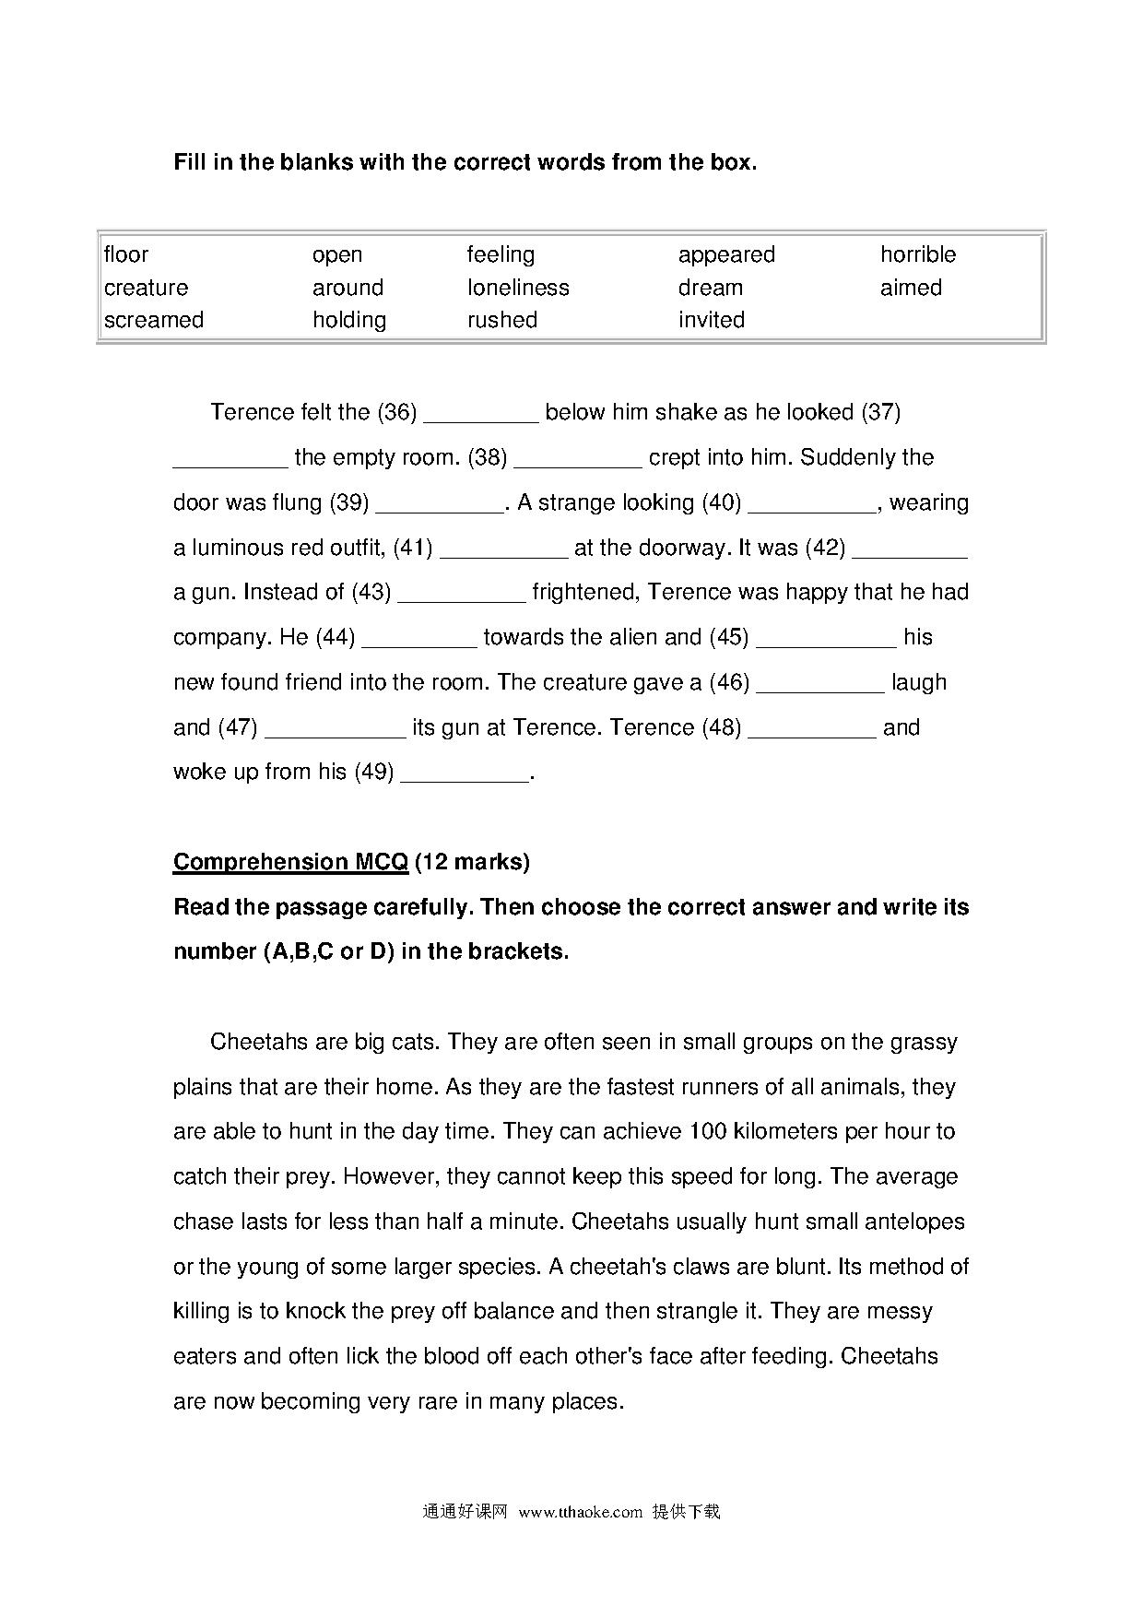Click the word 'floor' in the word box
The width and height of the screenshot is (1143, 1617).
coord(126,254)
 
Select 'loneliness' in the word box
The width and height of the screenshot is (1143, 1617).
coord(518,288)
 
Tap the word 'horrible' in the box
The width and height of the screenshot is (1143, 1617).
coord(918,254)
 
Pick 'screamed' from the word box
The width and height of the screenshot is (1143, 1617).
coord(154,320)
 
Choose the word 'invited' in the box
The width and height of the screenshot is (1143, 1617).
coord(712,320)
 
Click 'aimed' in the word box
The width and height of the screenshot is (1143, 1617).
coord(911,288)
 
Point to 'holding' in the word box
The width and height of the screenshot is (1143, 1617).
coord(349,320)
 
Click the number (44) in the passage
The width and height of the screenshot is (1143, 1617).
coord(336,637)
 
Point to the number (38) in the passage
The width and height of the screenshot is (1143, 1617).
coord(488,457)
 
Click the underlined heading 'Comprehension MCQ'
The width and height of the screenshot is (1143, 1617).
coord(290,862)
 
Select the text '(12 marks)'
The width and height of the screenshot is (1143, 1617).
coord(472,862)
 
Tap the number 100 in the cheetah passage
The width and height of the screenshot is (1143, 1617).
coord(708,1131)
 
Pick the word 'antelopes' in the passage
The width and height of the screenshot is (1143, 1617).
coord(916,1222)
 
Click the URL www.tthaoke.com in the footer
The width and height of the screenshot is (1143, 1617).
coord(580,1512)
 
